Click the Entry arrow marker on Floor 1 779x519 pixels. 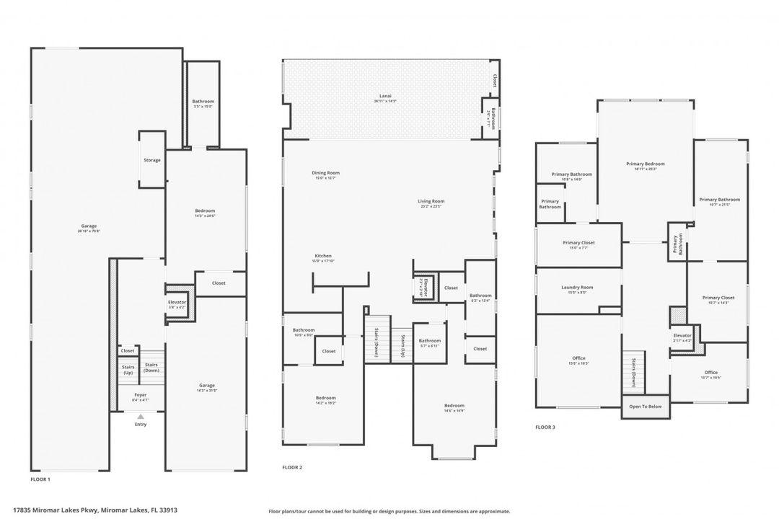pyautogui.click(x=141, y=417)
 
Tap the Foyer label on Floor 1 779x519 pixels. pyautogui.click(x=141, y=395)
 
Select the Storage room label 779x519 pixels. pyautogui.click(x=152, y=160)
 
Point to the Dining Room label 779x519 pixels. pyautogui.click(x=325, y=173)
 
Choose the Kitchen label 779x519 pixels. pyautogui.click(x=323, y=257)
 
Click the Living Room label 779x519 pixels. pyautogui.click(x=431, y=201)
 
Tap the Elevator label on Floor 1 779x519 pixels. pyautogui.click(x=177, y=302)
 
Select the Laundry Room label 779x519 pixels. pyautogui.click(x=577, y=288)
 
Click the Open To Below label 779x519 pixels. pyautogui.click(x=645, y=407)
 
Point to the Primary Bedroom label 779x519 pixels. pyautogui.click(x=645, y=164)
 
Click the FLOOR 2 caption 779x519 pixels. pyautogui.click(x=292, y=468)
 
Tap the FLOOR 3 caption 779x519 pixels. pyautogui.click(x=545, y=427)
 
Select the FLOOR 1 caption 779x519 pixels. pyautogui.click(x=40, y=479)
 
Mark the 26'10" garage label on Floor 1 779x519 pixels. pyautogui.click(x=89, y=228)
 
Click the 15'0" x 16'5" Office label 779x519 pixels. pyautogui.click(x=578, y=360)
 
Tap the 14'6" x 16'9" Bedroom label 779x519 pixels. pyautogui.click(x=454, y=407)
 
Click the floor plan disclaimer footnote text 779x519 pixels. pyautogui.click(x=389, y=511)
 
